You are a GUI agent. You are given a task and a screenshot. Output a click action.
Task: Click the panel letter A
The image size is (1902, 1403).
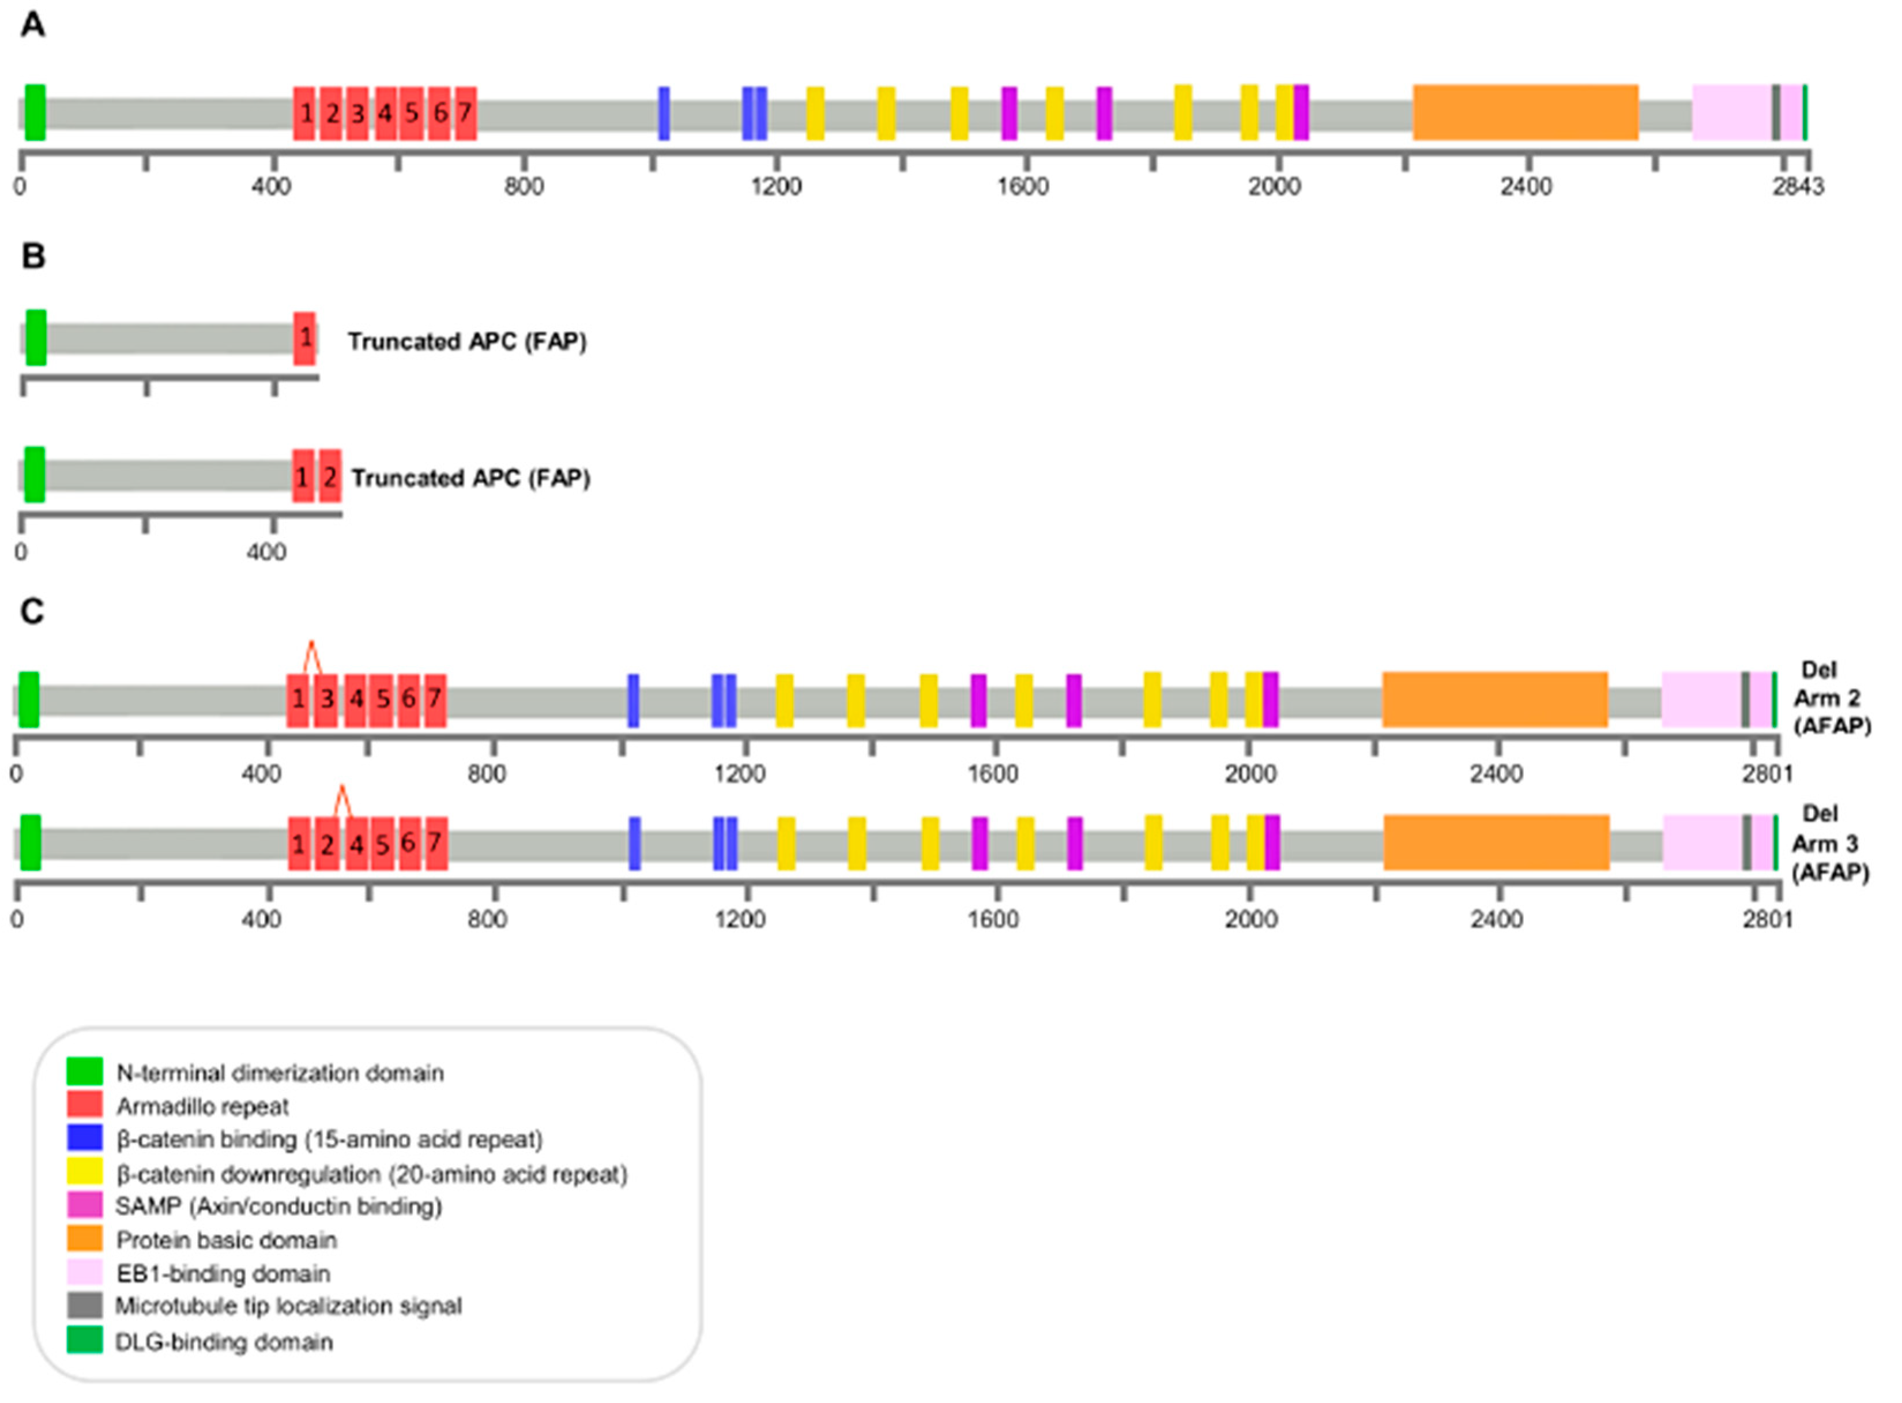coord(33,25)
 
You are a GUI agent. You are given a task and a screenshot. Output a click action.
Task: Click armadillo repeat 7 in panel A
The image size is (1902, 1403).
coord(465,113)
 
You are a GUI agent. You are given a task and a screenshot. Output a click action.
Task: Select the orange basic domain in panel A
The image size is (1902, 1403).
coord(1525,113)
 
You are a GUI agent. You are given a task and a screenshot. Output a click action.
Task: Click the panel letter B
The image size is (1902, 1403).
coord(33,255)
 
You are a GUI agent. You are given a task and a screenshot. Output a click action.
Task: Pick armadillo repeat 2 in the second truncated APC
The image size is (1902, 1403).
coord(330,476)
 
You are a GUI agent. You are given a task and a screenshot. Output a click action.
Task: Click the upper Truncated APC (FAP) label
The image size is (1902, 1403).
coord(467,341)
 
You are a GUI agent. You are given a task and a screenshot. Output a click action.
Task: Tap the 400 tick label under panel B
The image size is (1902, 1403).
coord(266,553)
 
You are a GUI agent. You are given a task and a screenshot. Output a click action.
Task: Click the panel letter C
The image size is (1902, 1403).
coord(32,611)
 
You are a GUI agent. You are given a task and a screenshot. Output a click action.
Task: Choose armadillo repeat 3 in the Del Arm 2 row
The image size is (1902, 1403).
coord(326,700)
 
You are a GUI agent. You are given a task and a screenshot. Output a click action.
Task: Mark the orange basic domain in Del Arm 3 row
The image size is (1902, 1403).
coord(1496,842)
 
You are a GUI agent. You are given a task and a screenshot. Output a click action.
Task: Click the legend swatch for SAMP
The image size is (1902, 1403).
coord(85,1206)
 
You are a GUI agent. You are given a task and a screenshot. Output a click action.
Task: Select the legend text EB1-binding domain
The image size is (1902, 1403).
coord(223,1274)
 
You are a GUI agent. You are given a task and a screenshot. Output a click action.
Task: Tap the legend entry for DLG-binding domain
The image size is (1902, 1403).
coord(224,1342)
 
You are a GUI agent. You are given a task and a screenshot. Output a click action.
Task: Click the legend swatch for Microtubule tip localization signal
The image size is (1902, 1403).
coord(85,1306)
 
